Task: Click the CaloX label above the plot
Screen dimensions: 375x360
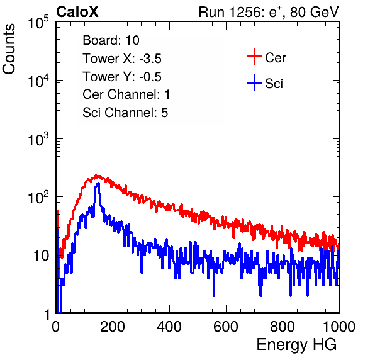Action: (77, 12)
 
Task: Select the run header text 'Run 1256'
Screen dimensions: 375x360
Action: (230, 12)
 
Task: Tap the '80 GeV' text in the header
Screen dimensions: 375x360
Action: (315, 12)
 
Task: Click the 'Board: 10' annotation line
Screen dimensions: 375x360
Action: (111, 40)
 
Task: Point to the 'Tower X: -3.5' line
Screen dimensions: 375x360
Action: (122, 59)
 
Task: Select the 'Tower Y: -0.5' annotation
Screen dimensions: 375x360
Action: (122, 77)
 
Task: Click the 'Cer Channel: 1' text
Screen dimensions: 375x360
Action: (126, 94)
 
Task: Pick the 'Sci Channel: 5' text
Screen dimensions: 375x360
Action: (125, 113)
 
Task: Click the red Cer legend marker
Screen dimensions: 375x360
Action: (254, 57)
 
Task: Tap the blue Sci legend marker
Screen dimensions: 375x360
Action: (254, 82)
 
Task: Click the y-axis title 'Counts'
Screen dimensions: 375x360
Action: (9, 49)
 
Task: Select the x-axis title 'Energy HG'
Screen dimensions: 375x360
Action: (296, 345)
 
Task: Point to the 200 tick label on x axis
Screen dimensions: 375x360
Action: (113, 327)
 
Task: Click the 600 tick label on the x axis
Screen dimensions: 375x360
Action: (226, 327)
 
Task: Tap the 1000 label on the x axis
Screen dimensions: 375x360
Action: (339, 327)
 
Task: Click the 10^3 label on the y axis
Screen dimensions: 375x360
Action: (38, 139)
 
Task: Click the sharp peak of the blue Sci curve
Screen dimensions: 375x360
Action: (98, 184)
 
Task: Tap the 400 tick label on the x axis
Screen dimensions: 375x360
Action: (169, 327)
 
